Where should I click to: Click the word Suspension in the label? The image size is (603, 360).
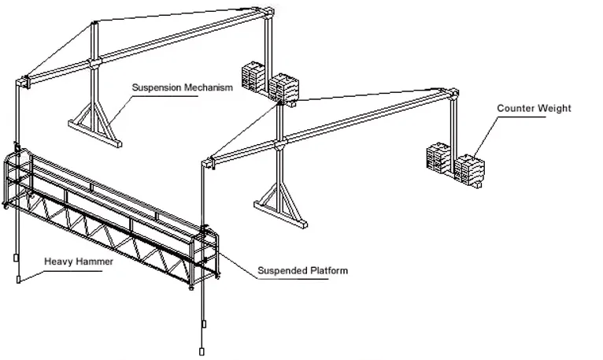tap(157, 87)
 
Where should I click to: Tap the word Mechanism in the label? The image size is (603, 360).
tap(209, 87)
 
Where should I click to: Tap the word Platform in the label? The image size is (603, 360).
tap(329, 271)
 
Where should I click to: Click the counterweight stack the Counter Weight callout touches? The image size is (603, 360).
tap(469, 170)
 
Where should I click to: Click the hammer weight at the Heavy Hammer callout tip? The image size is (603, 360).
tap(18, 280)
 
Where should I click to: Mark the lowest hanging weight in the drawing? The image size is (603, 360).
tap(201, 351)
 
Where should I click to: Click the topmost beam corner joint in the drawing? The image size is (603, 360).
tap(268, 12)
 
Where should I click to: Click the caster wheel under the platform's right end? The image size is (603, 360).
tap(191, 288)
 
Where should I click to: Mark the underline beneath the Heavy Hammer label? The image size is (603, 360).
tap(72, 271)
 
